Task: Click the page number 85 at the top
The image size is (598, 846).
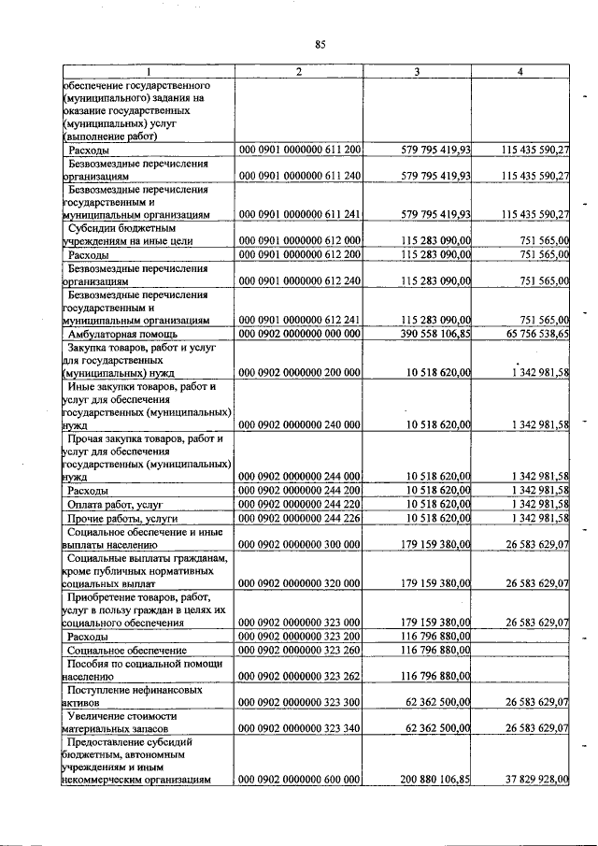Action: pyautogui.click(x=320, y=44)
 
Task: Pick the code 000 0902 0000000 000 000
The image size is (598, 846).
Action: pyautogui.click(x=300, y=333)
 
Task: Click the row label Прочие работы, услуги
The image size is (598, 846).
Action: pyautogui.click(x=121, y=518)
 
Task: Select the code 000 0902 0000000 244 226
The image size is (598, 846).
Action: pyautogui.click(x=300, y=518)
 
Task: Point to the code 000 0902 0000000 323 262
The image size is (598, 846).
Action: pyautogui.click(x=300, y=675)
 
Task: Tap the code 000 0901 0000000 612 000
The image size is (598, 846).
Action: pyautogui.click(x=300, y=240)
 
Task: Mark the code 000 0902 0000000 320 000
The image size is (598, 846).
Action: pyautogui.click(x=300, y=582)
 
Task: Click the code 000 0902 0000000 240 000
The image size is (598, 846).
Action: pyautogui.click(x=300, y=423)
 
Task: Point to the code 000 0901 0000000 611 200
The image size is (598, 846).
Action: pyautogui.click(x=300, y=149)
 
